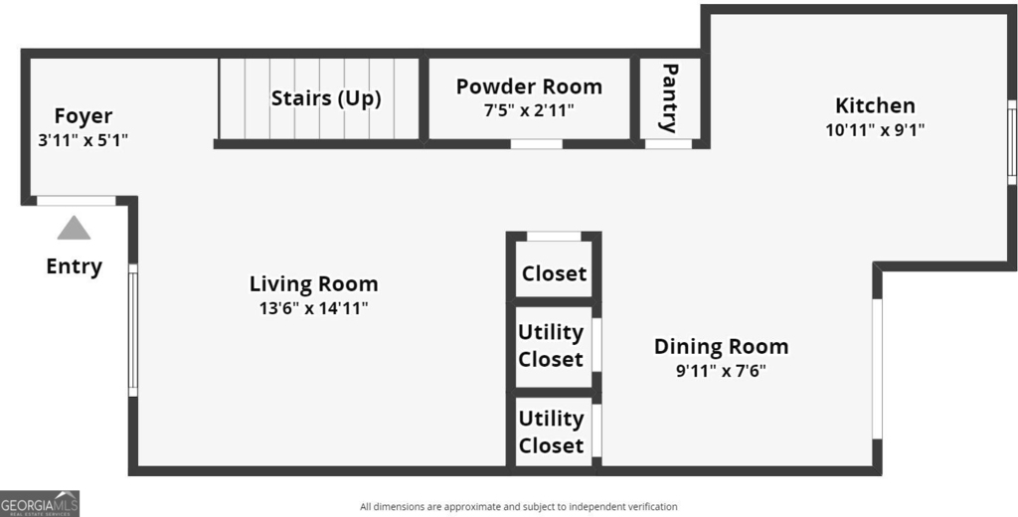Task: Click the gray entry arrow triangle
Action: click(x=74, y=228)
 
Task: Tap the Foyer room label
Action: click(x=84, y=116)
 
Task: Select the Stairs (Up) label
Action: click(x=326, y=98)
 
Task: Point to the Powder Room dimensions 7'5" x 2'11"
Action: click(x=529, y=110)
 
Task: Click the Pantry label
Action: click(x=669, y=97)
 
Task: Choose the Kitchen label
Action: click(x=875, y=105)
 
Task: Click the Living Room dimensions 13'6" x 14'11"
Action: click(x=313, y=308)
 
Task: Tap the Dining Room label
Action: click(x=722, y=347)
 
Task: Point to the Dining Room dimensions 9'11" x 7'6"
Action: click(x=722, y=371)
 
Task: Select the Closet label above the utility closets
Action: click(x=554, y=273)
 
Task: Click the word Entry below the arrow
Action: click(x=74, y=266)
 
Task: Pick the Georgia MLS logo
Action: click(x=40, y=503)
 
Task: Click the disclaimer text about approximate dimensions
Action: click(x=519, y=507)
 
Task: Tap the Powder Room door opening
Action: click(x=536, y=144)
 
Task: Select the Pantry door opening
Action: click(x=668, y=144)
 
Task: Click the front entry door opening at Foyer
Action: click(x=76, y=201)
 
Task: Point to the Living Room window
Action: click(x=133, y=330)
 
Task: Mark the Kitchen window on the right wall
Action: click(x=1011, y=141)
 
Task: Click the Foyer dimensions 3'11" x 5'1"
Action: click(x=84, y=140)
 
